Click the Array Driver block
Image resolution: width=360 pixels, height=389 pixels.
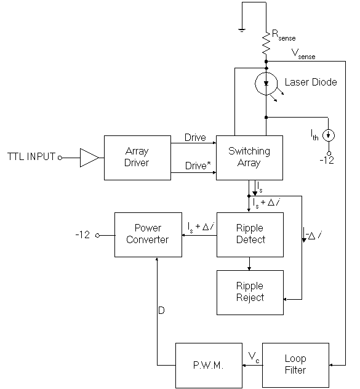pos(137,158)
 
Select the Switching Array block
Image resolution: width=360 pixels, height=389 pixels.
pos(249,158)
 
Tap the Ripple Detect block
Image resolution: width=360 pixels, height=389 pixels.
pos(249,234)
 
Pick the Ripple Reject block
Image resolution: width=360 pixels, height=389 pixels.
pos(249,292)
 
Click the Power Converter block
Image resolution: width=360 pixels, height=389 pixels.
pos(147,234)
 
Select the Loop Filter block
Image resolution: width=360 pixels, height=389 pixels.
pos(295,364)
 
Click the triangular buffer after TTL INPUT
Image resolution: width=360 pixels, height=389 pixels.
pos(89,158)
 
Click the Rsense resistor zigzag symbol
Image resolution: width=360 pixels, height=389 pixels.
pos(266,44)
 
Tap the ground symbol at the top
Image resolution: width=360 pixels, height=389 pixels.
pos(242,30)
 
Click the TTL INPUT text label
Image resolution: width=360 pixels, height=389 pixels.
pos(31,158)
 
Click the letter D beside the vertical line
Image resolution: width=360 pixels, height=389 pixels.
pos(161,311)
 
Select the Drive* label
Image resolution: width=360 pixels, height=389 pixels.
pos(196,166)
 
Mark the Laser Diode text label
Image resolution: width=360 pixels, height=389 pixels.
pos(311,82)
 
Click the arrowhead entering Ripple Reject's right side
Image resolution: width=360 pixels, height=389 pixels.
pos(286,299)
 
